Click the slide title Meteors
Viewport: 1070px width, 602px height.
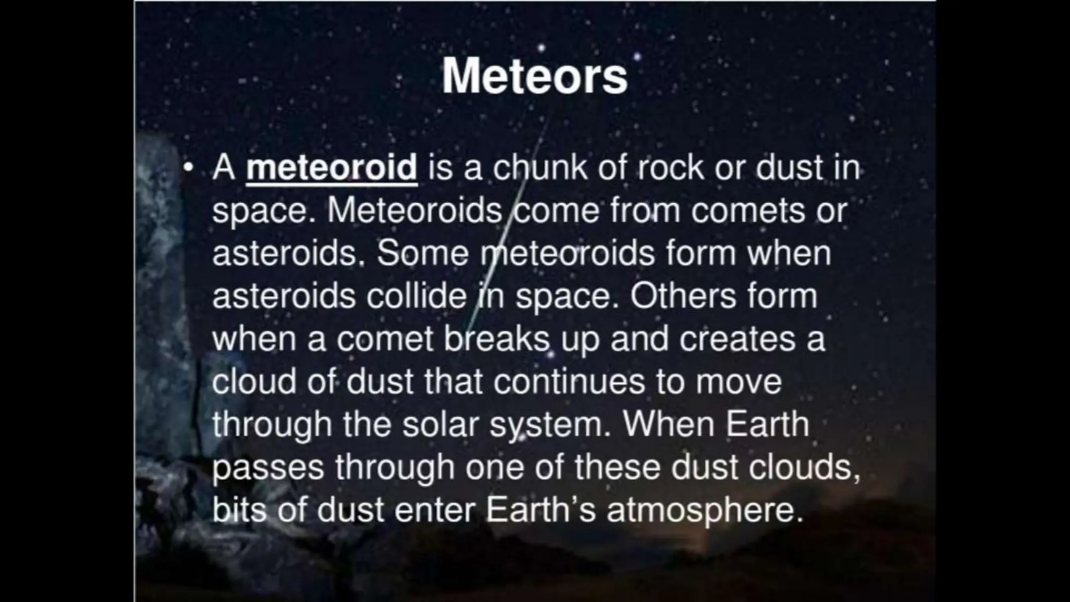(x=534, y=77)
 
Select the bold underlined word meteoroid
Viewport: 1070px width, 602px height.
(x=332, y=168)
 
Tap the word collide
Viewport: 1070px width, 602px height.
(x=416, y=296)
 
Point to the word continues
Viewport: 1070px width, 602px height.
(x=569, y=381)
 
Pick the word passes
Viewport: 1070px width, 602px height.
(x=267, y=468)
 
